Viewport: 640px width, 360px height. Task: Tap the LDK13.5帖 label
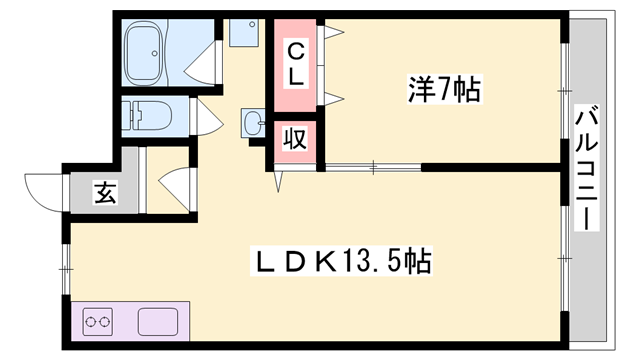(340, 262)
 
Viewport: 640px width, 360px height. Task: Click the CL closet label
(298, 62)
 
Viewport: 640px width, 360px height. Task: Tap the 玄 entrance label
(104, 192)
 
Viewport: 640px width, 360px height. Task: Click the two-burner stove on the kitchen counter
(99, 323)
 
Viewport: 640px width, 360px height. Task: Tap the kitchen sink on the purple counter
(156, 323)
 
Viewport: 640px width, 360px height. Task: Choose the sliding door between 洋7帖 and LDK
(373, 166)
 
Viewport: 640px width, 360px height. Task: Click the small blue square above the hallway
(243, 33)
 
